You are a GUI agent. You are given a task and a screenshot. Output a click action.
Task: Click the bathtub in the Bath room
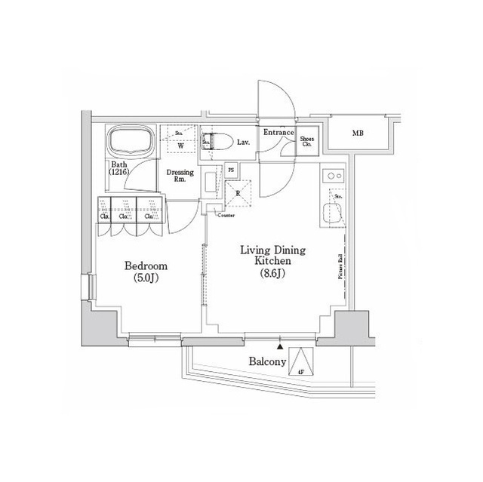[131, 141]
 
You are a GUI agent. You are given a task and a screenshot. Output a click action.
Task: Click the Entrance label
[278, 133]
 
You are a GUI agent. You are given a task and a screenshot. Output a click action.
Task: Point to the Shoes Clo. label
[308, 141]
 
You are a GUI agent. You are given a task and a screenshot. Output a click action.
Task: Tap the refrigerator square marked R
[239, 194]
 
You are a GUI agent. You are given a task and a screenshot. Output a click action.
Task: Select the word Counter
[226, 216]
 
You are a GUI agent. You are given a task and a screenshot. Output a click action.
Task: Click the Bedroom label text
[146, 266]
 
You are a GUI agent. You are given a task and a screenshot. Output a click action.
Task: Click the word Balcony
[268, 362]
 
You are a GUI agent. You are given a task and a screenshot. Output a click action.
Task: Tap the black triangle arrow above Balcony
[281, 347]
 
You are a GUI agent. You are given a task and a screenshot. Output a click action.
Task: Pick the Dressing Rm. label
[180, 176]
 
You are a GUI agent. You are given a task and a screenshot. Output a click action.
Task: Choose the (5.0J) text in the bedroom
[146, 279]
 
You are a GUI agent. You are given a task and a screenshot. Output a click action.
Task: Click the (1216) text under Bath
[119, 173]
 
